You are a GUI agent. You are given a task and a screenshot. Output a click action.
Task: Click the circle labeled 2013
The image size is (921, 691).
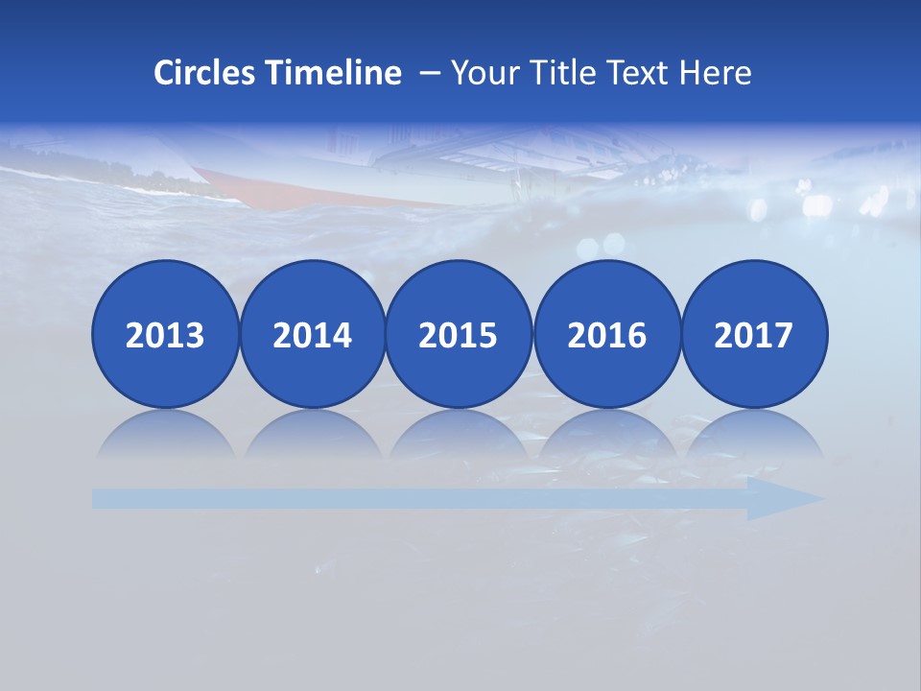(165, 334)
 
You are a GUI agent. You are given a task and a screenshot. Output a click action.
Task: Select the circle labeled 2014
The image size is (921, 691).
(312, 334)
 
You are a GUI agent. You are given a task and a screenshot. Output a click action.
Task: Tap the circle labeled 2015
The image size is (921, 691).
(459, 334)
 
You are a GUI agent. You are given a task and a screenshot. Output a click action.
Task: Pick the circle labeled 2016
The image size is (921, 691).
(607, 334)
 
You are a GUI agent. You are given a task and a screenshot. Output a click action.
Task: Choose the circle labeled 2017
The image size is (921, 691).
(754, 334)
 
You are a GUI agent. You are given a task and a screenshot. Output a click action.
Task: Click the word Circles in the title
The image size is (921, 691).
(206, 73)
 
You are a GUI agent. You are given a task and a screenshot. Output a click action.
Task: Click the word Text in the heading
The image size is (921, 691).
(640, 73)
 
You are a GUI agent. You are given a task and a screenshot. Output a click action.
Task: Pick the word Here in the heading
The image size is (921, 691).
(716, 73)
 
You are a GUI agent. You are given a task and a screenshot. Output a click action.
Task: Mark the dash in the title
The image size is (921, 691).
(430, 74)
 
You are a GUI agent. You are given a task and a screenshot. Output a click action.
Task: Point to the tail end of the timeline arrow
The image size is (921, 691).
(101, 498)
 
